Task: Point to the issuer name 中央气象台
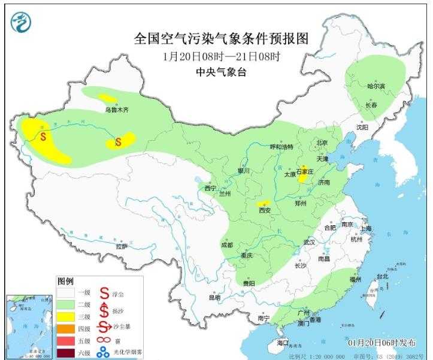pyautogui.click(x=221, y=72)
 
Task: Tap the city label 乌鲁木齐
pyautogui.click(x=117, y=110)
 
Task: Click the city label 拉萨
pyautogui.click(x=122, y=246)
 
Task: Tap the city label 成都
pyautogui.click(x=225, y=245)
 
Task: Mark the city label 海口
pyautogui.click(x=282, y=343)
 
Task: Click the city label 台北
pyautogui.click(x=382, y=277)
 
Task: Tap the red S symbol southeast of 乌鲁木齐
pyautogui.click(x=118, y=142)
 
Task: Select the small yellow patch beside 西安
pyautogui.click(x=262, y=204)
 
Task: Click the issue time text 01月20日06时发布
pyautogui.click(x=381, y=342)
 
